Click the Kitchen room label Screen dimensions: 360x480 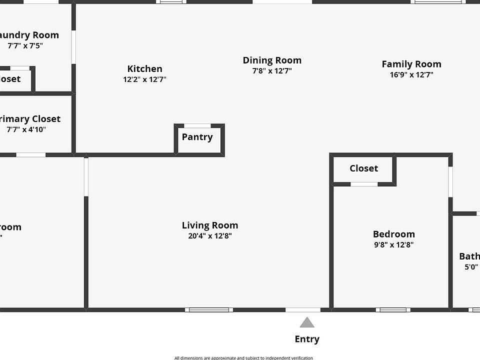[144, 69]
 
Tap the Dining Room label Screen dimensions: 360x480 [272, 60]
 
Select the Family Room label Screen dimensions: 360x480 [411, 64]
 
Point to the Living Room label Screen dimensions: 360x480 [210, 225]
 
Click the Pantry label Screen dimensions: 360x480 [197, 137]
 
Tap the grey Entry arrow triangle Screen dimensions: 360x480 [307, 322]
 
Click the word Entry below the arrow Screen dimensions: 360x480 [307, 339]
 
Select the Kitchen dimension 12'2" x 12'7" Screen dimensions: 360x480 [144, 79]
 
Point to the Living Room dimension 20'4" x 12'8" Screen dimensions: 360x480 [210, 236]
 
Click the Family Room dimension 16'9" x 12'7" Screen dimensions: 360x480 [411, 75]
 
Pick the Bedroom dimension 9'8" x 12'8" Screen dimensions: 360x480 [394, 245]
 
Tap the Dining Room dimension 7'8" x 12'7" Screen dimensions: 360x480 [272, 71]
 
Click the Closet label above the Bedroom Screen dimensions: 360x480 [364, 168]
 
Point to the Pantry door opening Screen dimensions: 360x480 [197, 125]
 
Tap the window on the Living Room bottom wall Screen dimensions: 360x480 [209, 310]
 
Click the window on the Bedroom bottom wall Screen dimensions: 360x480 [393, 310]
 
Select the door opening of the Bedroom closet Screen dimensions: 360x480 [364, 184]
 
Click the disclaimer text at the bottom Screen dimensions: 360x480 [243, 357]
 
